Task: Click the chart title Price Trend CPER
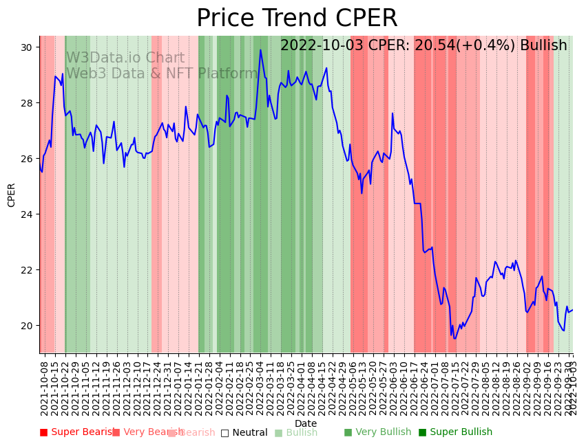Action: tap(297, 19)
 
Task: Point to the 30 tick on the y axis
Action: tap(28, 47)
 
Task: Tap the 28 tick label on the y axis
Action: tap(28, 103)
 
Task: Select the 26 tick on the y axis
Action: tap(28, 159)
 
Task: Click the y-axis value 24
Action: tap(28, 214)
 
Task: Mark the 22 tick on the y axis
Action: tap(28, 270)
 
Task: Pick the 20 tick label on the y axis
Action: tap(28, 326)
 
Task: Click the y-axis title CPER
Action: tap(12, 195)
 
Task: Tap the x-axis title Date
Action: tap(306, 423)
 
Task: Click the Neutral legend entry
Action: tap(244, 432)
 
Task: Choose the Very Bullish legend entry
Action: tap(377, 432)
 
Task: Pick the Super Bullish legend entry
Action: tap(455, 432)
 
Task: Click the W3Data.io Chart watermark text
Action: tap(125, 58)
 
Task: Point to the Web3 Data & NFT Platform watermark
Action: tap(162, 74)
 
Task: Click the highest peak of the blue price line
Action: tap(260, 49)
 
